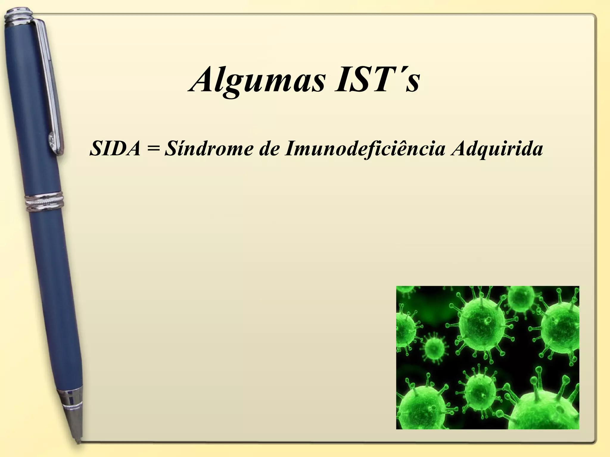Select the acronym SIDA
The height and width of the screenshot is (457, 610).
click(x=115, y=149)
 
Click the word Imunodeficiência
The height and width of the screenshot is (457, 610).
click(x=365, y=149)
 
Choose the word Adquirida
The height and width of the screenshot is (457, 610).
click(x=496, y=149)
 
